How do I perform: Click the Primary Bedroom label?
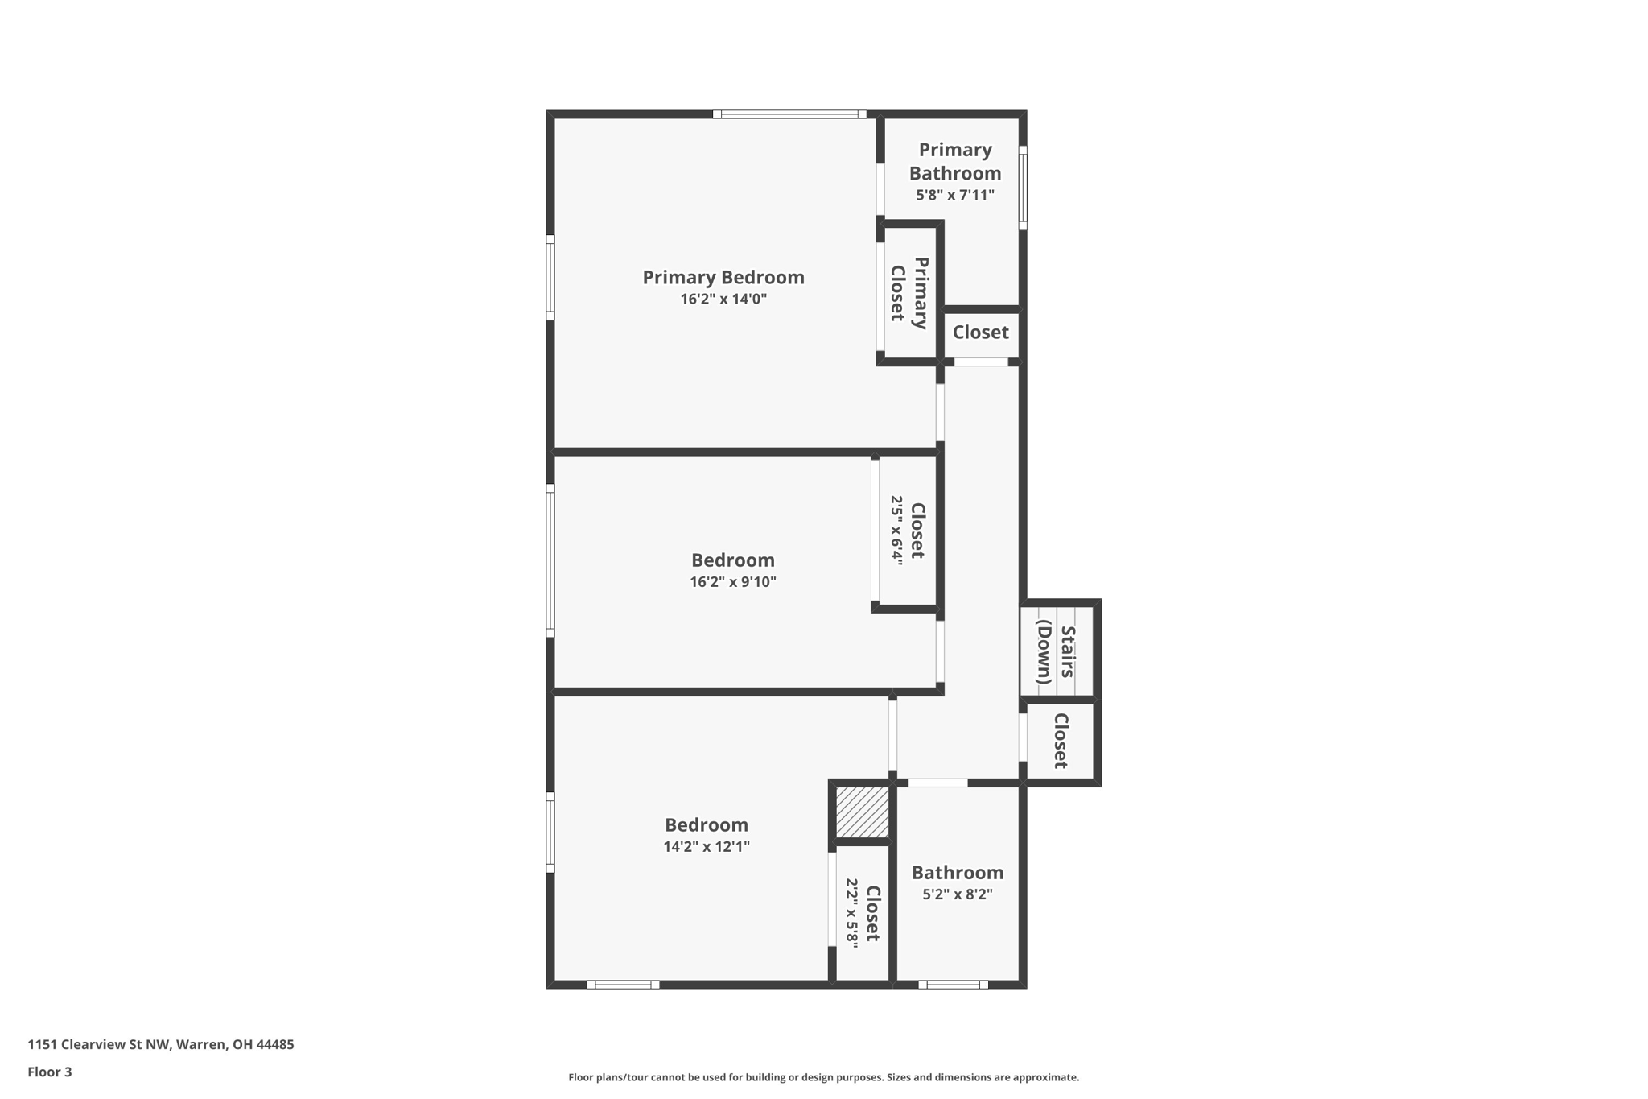click(723, 277)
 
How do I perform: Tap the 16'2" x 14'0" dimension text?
click(723, 300)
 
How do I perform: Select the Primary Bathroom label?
click(954, 161)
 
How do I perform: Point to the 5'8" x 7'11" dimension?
click(954, 195)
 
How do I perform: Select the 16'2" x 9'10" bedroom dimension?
click(732, 582)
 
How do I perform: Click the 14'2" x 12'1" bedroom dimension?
click(706, 847)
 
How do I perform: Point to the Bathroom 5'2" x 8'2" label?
click(957, 882)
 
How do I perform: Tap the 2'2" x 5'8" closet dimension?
click(851, 913)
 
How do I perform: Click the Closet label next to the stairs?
click(1060, 741)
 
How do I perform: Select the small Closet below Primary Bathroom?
click(980, 333)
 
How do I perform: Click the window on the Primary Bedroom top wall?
click(789, 114)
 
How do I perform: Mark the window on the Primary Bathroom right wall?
click(1023, 188)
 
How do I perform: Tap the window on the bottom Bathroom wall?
click(953, 985)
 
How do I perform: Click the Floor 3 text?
click(50, 1072)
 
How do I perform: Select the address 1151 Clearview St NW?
click(160, 1045)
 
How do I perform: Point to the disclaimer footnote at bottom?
click(823, 1077)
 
